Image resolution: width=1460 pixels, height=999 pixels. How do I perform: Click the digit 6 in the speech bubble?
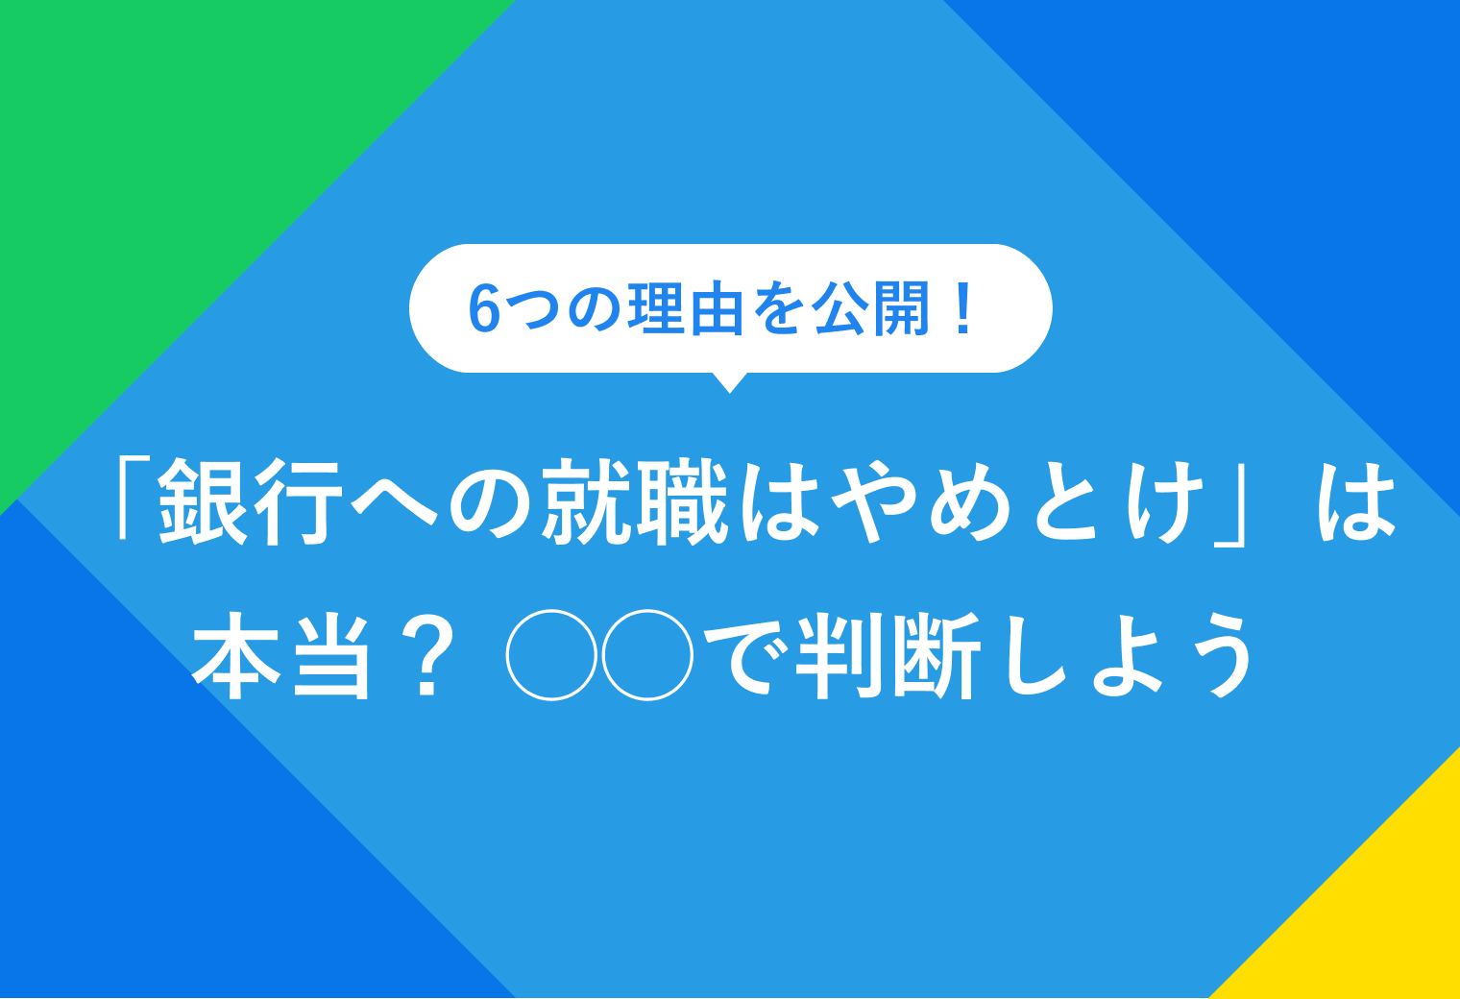(x=485, y=309)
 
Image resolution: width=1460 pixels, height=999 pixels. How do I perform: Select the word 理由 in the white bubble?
(x=685, y=309)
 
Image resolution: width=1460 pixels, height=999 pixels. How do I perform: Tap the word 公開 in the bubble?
(x=871, y=309)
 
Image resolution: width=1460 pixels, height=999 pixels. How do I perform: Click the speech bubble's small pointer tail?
(x=730, y=382)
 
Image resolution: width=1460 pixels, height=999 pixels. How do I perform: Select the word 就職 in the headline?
(x=635, y=501)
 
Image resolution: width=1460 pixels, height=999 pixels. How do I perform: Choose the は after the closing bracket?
(x=1355, y=501)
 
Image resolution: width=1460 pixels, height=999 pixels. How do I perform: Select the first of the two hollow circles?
(x=551, y=655)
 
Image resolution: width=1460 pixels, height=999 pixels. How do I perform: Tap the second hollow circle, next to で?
(x=647, y=655)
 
